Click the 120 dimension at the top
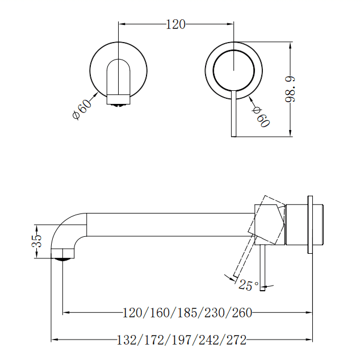coord(175,24)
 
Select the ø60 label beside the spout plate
coord(82,108)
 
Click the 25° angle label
coord(248,286)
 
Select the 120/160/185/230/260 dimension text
coord(187,312)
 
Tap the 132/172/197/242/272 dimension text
coord(181,340)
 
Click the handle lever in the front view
coord(232,114)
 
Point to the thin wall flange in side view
coord(309,225)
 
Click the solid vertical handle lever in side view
coord(262,269)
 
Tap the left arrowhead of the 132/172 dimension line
coord(55,340)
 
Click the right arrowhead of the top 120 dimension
coord(230,24)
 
